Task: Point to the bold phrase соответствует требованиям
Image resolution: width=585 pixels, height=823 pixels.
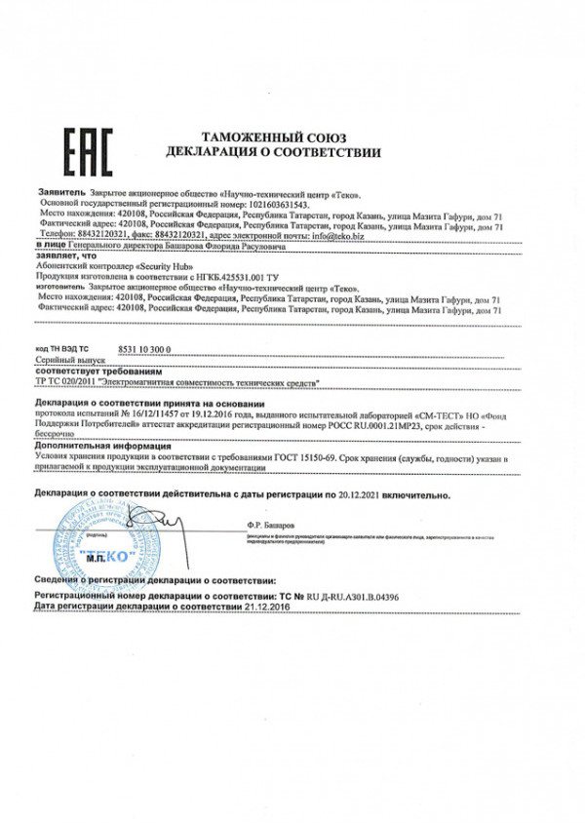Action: (94, 372)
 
